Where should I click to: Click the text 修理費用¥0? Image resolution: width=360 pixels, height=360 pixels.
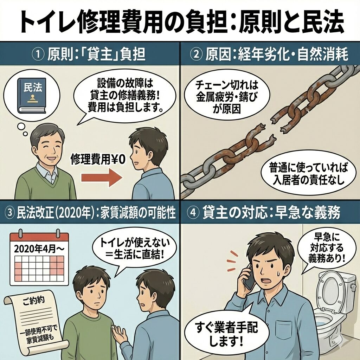(x=98, y=159)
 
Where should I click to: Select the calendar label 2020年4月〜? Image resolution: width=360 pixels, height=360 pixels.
(x=39, y=249)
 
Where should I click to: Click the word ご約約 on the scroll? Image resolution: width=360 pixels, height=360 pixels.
(x=34, y=300)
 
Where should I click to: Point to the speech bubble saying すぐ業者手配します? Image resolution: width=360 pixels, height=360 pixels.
(x=226, y=333)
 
